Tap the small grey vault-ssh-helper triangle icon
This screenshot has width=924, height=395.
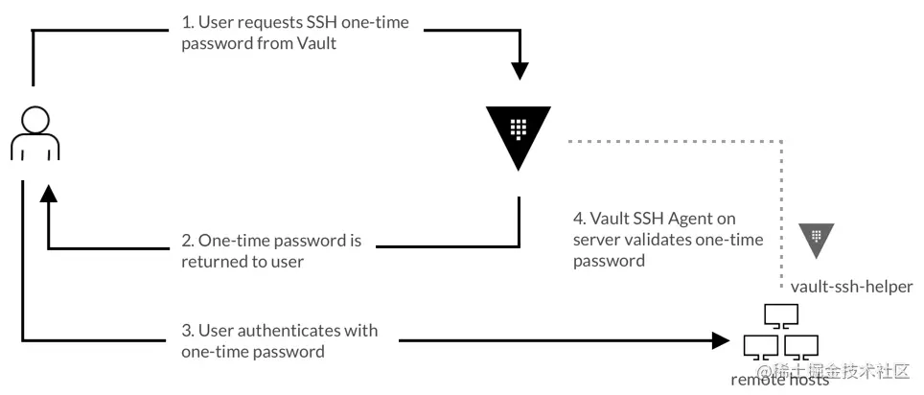point(818,240)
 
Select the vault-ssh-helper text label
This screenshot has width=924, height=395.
point(851,287)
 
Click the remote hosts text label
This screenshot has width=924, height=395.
point(779,381)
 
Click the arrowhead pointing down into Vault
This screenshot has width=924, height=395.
point(519,70)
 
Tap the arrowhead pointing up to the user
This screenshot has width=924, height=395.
point(48,195)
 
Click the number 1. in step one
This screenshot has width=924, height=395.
point(188,22)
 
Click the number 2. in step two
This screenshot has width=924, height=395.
point(188,239)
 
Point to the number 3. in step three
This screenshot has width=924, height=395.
point(188,331)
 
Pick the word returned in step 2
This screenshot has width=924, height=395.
point(209,261)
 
